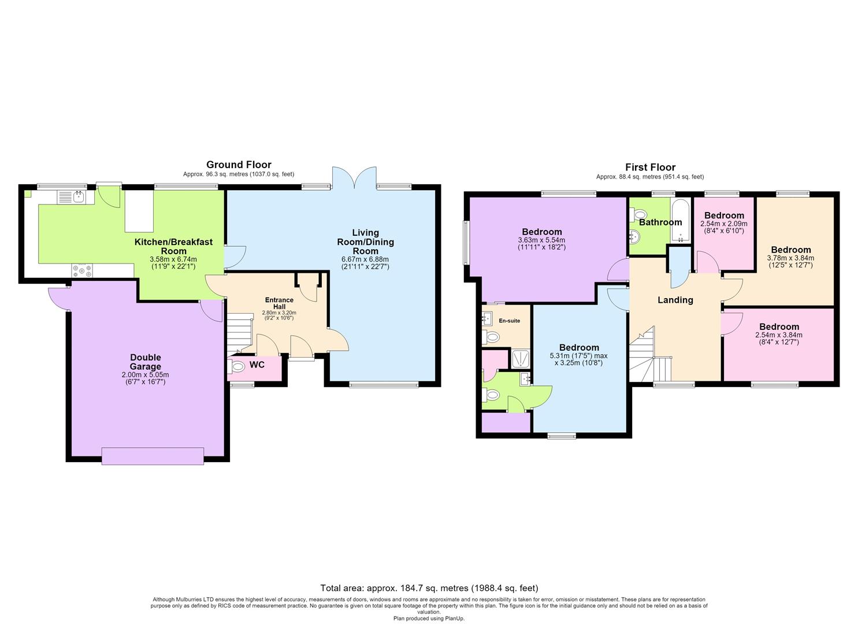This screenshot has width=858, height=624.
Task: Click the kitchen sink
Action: (76, 197)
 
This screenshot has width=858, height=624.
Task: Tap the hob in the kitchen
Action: (82, 271)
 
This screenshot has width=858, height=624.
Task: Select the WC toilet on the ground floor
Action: (236, 366)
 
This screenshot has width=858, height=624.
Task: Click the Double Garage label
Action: (146, 362)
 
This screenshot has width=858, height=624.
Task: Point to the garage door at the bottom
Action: (153, 456)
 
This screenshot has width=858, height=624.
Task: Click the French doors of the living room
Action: (354, 177)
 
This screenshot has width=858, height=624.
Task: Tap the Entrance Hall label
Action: (279, 303)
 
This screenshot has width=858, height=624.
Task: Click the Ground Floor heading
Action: (239, 165)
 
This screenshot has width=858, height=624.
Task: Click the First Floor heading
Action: (651, 167)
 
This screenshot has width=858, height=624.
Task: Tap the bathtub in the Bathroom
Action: (680, 221)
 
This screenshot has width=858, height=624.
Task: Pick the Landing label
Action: (675, 300)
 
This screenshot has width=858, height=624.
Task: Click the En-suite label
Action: (510, 321)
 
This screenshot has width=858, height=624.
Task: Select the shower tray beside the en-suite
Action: (521, 359)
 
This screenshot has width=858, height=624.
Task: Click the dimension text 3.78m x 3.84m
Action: (791, 258)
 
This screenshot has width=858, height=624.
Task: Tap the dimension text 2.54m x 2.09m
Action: (724, 224)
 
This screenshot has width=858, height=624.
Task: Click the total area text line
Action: (429, 588)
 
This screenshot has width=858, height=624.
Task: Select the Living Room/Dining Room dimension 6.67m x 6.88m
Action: (365, 260)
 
